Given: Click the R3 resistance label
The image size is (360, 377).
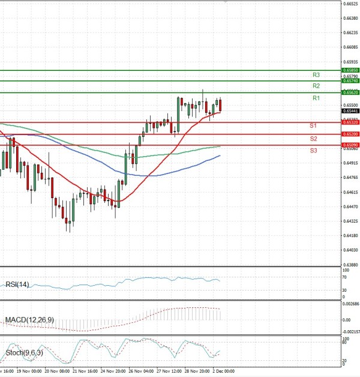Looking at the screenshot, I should click(316, 75).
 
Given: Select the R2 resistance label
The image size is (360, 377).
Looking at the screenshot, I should click(316, 86).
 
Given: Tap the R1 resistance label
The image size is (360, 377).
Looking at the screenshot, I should click(316, 98).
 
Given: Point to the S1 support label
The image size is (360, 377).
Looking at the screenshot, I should click(313, 125).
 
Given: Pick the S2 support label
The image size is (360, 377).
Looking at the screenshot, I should click(313, 139).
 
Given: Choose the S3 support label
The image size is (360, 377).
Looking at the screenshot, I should click(313, 150).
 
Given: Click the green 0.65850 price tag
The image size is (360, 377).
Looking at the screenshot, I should click(351, 70).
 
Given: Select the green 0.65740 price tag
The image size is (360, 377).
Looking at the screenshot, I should click(351, 81).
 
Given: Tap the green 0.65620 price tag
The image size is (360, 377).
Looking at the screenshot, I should click(351, 92).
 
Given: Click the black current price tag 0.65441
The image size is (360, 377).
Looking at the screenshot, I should click(351, 111).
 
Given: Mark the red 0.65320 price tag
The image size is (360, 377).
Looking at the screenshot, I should click(351, 122).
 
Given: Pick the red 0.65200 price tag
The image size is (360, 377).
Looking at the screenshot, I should click(351, 134).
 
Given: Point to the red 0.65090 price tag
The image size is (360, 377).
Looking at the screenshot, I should click(351, 145).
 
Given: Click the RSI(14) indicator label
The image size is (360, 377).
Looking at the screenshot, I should click(17, 284).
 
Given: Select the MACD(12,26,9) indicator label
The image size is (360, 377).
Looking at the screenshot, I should click(29, 321).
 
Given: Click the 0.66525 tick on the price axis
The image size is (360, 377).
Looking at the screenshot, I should click(351, 4).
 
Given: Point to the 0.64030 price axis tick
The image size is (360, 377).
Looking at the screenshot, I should click(351, 250).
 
